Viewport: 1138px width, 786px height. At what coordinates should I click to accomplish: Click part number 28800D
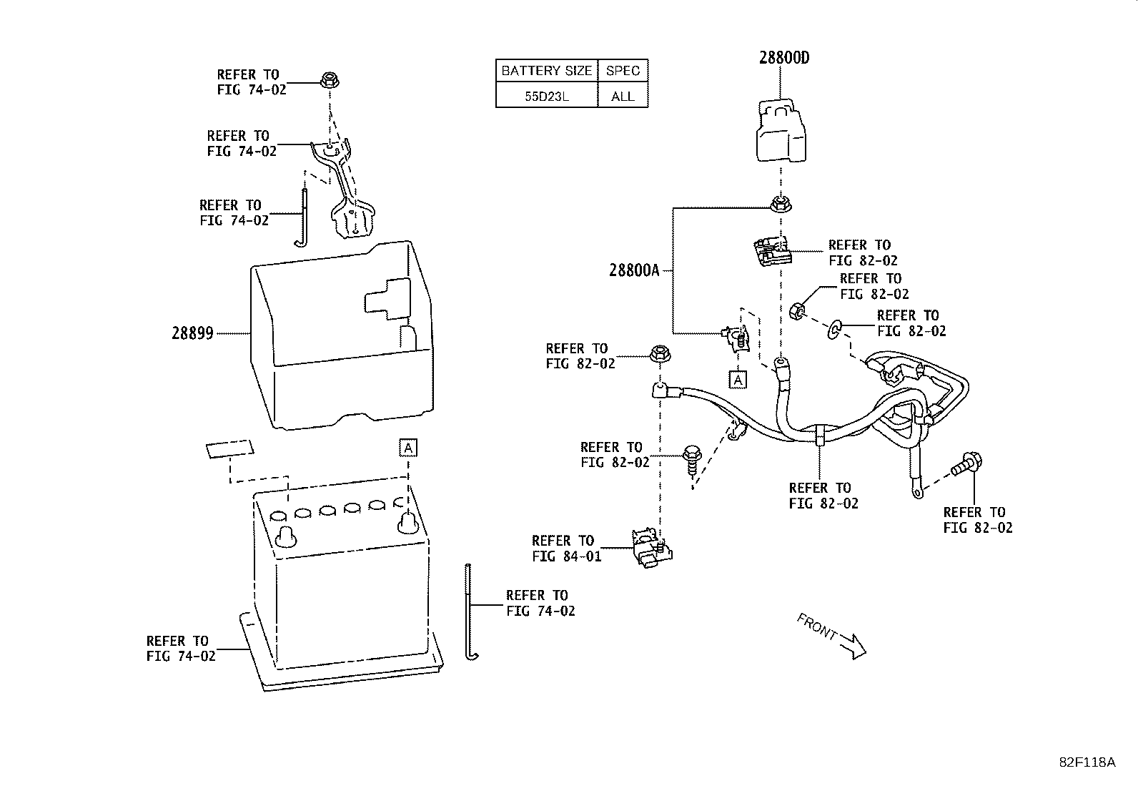tap(784, 58)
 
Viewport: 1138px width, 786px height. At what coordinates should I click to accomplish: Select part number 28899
tap(192, 333)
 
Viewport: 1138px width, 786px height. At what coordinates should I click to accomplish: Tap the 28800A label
tap(633, 270)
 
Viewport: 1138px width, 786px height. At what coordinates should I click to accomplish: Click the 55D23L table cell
tap(546, 96)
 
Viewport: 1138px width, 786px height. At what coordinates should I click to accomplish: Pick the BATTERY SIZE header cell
tap(546, 71)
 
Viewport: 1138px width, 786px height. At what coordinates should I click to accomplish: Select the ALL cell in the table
tap(623, 96)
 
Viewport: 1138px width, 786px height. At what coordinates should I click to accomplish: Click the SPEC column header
tap(623, 71)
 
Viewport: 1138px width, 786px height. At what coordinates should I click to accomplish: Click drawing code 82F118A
tap(1087, 762)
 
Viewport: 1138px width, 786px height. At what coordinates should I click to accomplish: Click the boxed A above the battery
tap(407, 448)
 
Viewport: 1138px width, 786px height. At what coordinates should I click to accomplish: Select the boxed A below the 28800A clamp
tap(738, 380)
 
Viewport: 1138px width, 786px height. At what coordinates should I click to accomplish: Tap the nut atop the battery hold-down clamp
tap(330, 79)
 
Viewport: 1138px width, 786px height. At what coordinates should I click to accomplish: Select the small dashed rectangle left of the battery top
tap(229, 449)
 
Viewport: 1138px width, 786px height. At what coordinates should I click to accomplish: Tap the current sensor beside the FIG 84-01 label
tap(650, 549)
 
